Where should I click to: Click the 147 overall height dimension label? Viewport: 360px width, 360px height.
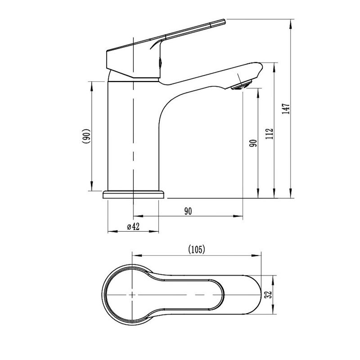[286, 109]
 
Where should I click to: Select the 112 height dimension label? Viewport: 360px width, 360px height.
[269, 133]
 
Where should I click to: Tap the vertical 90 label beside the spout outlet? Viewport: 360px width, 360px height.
[253, 143]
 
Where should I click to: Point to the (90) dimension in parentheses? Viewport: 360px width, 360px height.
[86, 136]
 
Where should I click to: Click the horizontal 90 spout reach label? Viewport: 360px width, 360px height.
[188, 211]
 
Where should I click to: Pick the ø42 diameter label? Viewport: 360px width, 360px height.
[133, 226]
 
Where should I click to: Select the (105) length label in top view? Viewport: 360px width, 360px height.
[196, 250]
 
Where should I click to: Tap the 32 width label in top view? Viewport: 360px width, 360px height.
[268, 294]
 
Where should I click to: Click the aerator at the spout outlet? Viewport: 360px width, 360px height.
[242, 85]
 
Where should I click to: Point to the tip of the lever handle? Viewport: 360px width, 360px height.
[224, 22]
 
